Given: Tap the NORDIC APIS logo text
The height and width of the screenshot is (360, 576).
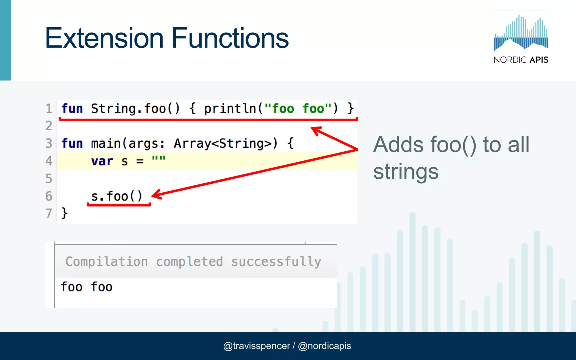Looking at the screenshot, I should click(x=521, y=60).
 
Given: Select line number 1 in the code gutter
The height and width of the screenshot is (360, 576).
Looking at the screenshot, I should click(x=49, y=109).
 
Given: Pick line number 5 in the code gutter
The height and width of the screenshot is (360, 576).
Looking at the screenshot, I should click(x=49, y=179).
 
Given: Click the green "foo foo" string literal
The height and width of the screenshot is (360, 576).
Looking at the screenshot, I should click(x=298, y=109).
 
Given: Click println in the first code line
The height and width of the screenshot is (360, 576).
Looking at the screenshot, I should click(x=230, y=109).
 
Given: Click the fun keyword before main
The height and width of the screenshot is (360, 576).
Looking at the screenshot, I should click(x=72, y=143).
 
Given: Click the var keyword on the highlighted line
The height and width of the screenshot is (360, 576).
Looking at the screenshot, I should click(x=102, y=161).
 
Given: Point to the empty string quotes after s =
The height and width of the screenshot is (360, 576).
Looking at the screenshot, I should click(x=159, y=159).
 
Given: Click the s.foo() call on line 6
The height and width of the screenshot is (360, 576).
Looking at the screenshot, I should click(x=117, y=196).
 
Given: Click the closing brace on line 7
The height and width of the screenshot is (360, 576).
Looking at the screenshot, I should click(x=64, y=213).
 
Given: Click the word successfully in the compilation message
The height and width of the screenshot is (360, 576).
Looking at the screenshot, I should click(x=276, y=262).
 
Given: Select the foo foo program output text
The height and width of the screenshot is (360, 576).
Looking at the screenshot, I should click(x=87, y=287).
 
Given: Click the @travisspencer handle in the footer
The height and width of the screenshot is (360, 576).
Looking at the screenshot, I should click(x=256, y=346).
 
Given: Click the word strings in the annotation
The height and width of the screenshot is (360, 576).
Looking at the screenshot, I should click(x=406, y=172).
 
